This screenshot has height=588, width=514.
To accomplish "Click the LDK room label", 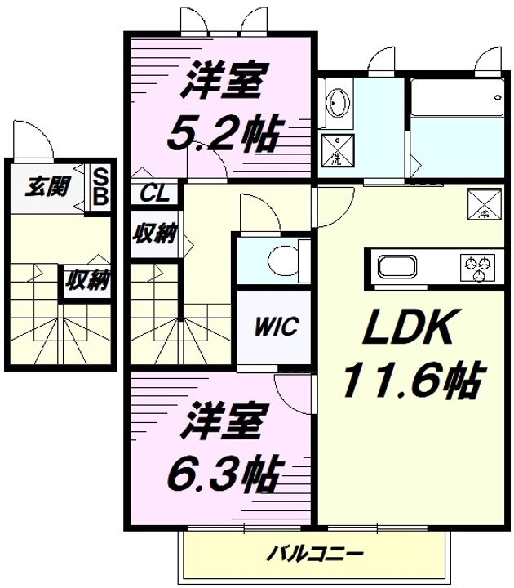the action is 407,327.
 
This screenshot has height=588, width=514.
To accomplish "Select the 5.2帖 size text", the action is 224,131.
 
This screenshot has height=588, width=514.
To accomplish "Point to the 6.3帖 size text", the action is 224,473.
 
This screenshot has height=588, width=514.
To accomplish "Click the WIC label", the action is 277,326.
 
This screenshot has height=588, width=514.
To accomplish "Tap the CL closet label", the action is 153,194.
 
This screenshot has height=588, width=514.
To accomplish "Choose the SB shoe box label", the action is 100,187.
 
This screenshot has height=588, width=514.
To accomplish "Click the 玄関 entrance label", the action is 47,186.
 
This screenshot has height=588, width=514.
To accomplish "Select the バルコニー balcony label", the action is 315,554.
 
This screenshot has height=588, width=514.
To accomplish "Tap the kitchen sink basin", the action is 397,266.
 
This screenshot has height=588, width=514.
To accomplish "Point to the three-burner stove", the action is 477,267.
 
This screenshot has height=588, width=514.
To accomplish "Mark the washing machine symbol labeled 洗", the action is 338,150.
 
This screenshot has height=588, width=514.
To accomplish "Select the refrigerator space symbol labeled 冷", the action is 484,203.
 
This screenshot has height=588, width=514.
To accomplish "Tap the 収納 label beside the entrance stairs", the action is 88,280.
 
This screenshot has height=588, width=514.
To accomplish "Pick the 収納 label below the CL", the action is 155,234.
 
